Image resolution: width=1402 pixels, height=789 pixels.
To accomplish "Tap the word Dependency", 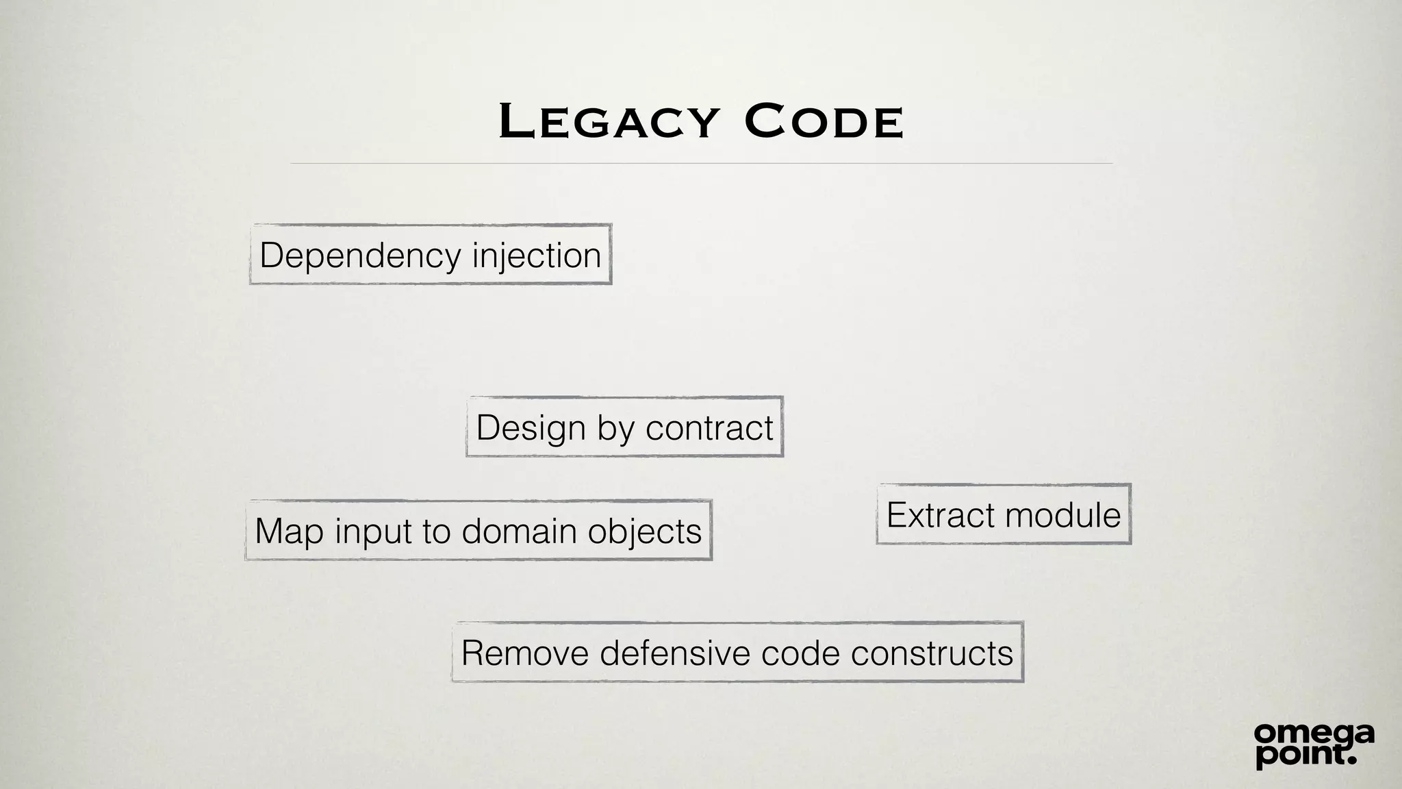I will [x=360, y=256].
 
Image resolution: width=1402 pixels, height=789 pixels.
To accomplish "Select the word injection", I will [x=537, y=256].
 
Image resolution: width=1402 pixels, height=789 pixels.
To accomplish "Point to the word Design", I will [x=531, y=428].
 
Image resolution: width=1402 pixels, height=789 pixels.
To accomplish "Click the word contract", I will [x=709, y=428].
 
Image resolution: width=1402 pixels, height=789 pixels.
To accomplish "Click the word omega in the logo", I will [x=1314, y=735].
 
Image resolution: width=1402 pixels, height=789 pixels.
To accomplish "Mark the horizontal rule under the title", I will [x=701, y=164].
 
